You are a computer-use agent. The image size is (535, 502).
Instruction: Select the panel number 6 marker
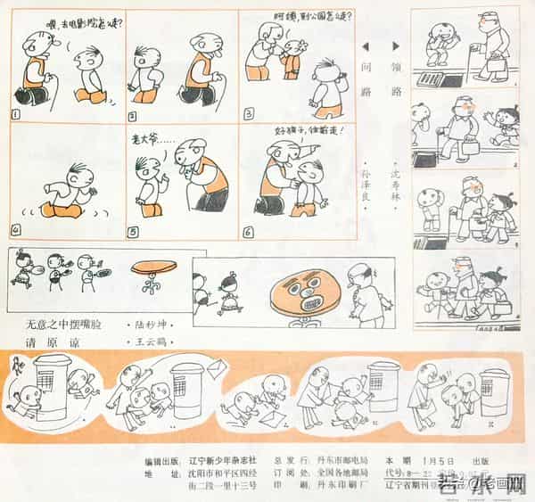click(x=248, y=233)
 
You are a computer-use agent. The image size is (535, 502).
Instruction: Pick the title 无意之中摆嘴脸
click(x=62, y=325)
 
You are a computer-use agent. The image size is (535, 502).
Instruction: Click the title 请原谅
click(x=51, y=342)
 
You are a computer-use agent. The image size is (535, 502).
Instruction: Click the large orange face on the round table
click(x=305, y=293)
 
